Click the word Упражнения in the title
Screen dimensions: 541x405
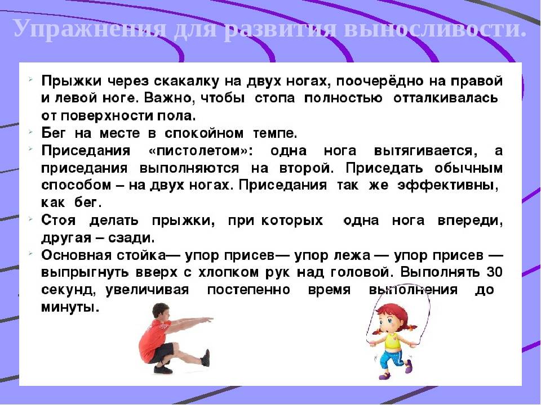90,29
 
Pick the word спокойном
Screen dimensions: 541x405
203,133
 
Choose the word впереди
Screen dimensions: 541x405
470,221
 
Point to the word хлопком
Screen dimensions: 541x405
229,273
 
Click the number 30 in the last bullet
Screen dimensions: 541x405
494,272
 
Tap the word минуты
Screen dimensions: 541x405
70,308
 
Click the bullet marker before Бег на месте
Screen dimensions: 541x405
30,131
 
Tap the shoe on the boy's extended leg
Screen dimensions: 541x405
206,358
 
